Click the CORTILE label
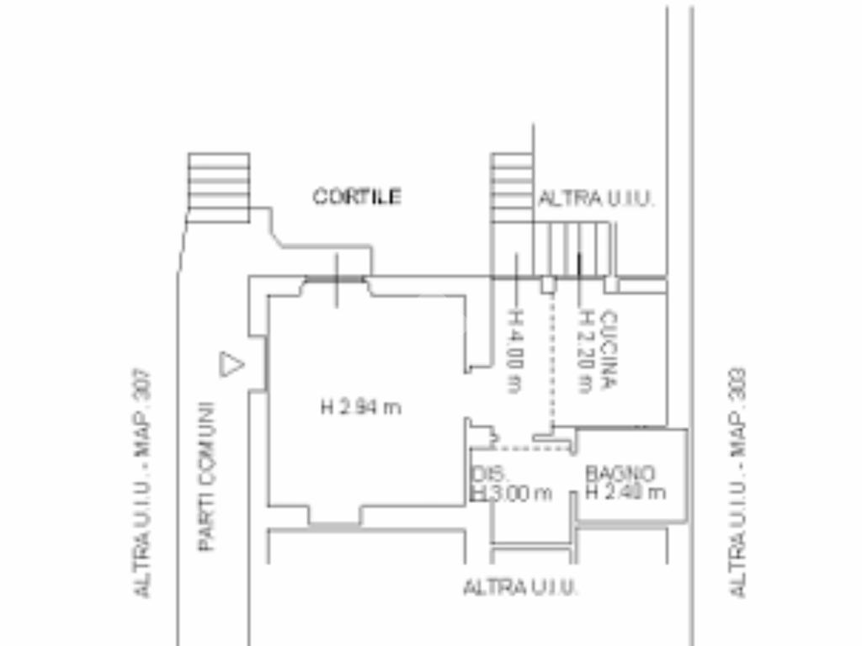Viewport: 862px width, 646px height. coord(357,197)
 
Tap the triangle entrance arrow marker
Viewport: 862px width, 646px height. coord(231,364)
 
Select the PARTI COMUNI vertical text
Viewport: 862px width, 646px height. coord(207,477)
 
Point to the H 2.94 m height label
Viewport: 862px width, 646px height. coord(360,408)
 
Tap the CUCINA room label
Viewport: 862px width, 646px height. coord(610,350)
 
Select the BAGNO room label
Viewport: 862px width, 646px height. coord(620,474)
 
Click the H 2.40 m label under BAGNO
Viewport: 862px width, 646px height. coord(625,492)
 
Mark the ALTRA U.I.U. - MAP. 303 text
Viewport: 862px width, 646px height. coord(738,483)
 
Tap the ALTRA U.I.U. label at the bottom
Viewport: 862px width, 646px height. coord(520,588)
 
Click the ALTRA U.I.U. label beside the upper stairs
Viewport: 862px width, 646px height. coord(596,199)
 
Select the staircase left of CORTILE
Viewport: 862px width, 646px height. coord(218,187)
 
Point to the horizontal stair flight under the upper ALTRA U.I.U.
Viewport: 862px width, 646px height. coord(572,249)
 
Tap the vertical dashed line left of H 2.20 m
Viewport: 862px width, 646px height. coord(553,357)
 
